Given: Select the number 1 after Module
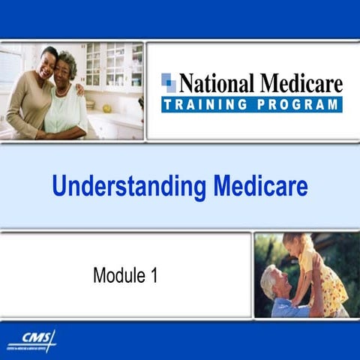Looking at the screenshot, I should click(x=154, y=275).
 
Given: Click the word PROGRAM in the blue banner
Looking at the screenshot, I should click(x=295, y=104).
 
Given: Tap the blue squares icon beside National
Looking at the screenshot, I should click(x=169, y=82).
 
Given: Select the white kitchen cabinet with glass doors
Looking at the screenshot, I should click(x=112, y=67).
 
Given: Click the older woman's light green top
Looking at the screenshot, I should click(x=67, y=109).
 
